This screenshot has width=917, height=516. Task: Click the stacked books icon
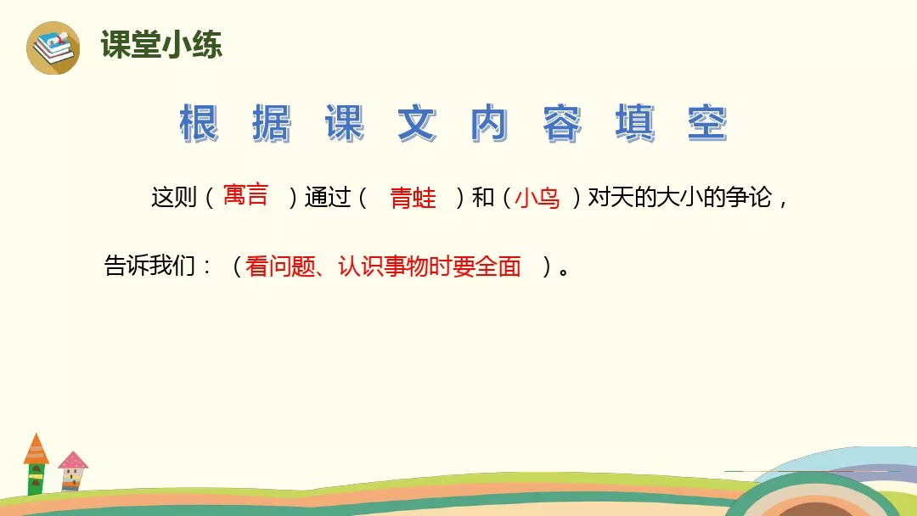coord(53,48)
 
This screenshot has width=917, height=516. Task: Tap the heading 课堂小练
coord(161,44)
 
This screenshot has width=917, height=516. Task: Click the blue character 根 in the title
coord(200,123)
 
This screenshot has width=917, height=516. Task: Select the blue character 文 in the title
coord(418,123)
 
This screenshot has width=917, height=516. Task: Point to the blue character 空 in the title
coord(707,123)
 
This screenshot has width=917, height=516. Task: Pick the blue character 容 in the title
coord(562,123)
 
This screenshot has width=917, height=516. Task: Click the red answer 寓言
coord(245,194)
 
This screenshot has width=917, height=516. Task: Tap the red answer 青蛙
coord(413,198)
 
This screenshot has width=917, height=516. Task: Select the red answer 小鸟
coord(537,198)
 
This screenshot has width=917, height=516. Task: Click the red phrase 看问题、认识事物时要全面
coord(383,266)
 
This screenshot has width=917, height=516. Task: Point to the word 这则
coord(174,197)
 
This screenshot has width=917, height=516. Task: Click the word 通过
coord(328,198)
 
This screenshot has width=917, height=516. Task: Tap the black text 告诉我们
coord(149,266)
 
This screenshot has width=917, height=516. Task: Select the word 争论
coord(749,197)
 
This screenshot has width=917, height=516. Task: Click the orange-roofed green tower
coord(36,464)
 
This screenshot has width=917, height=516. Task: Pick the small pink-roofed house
coord(72,471)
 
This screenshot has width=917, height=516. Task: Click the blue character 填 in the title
coord(635,123)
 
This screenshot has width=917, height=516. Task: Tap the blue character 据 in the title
coord(272,123)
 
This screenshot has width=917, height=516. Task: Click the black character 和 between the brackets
coord(483,198)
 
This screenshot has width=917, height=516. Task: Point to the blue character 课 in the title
coord(345,123)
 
